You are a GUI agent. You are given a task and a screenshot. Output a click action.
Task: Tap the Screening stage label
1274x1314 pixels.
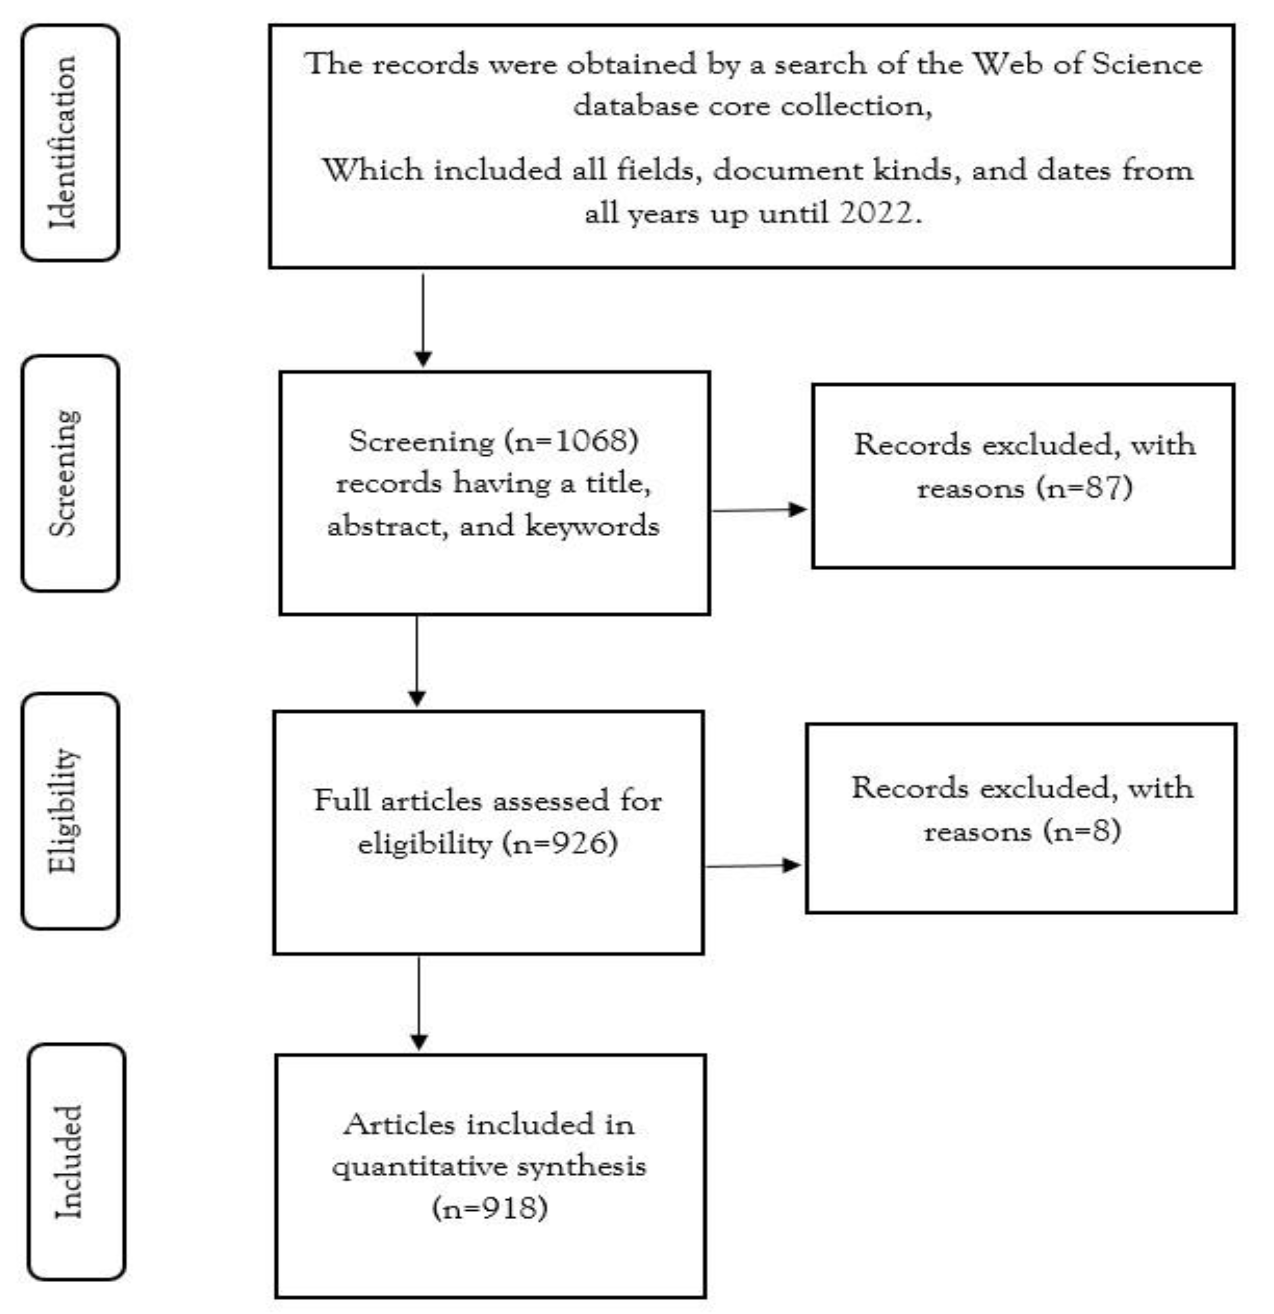(x=65, y=473)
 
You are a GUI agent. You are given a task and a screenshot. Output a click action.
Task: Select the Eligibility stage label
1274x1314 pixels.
(x=65, y=811)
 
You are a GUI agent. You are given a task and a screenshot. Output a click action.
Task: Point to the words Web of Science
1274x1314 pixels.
(x=1086, y=65)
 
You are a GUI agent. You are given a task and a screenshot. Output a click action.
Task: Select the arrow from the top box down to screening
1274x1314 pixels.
(x=423, y=321)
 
